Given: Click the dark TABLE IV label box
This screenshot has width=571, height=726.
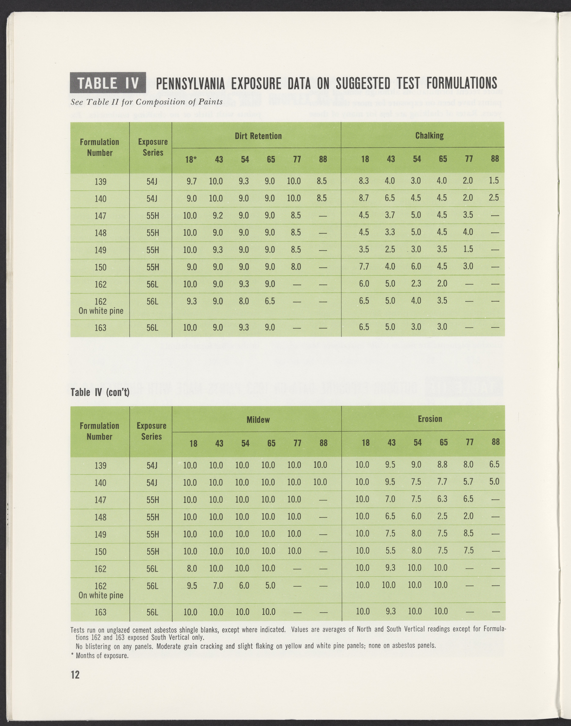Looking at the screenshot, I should pos(108,83).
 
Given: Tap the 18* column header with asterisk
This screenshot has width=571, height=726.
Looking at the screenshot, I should pos(191,160).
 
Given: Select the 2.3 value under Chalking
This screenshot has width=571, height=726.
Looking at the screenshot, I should pos(416,284).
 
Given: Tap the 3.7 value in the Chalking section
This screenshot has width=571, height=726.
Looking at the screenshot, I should pos(390,215).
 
